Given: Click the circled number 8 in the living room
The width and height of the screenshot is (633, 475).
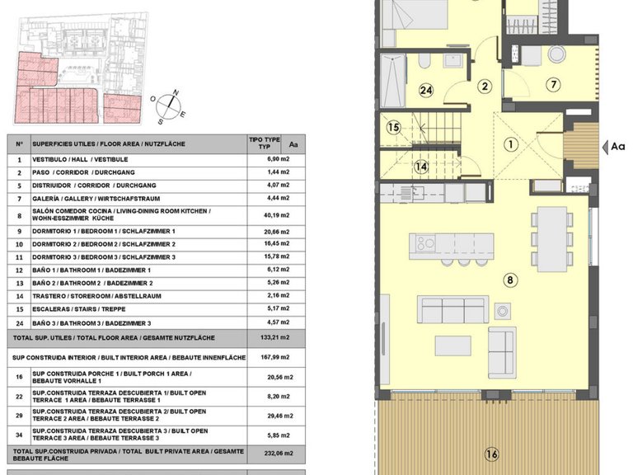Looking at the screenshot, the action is click(510, 280).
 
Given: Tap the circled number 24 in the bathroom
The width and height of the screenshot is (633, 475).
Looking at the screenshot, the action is click(426, 90).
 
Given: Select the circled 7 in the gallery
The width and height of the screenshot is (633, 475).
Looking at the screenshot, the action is click(554, 85).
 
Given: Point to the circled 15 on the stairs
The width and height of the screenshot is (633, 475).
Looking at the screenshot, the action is click(393, 128).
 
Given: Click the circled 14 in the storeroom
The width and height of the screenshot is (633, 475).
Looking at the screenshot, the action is click(421, 167).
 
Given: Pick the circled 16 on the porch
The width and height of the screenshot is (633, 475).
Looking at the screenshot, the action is click(492, 454).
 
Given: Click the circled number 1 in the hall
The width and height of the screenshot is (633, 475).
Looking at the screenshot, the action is click(511, 144).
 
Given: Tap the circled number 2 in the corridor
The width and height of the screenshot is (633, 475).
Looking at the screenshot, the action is click(485, 86).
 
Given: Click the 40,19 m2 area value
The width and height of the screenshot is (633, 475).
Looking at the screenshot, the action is click(277, 215).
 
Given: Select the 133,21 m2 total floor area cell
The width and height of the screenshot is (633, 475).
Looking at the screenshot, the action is click(275, 337).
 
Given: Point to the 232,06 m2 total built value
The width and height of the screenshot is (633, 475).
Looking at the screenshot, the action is click(279, 454).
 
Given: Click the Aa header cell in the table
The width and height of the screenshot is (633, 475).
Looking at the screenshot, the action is click(293, 144).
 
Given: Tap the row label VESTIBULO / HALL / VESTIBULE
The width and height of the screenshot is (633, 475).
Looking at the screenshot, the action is click(80, 159).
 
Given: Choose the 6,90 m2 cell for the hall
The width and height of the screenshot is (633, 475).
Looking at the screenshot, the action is click(278, 159).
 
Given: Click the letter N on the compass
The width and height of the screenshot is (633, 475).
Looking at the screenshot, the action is click(176, 92).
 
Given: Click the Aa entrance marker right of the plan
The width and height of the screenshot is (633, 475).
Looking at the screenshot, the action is click(613, 147).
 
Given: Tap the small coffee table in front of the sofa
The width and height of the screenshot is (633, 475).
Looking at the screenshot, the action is click(453, 346).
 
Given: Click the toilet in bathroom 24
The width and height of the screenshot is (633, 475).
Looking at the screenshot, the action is click(424, 61).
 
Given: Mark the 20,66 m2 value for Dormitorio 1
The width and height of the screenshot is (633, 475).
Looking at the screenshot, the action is click(277, 232).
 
